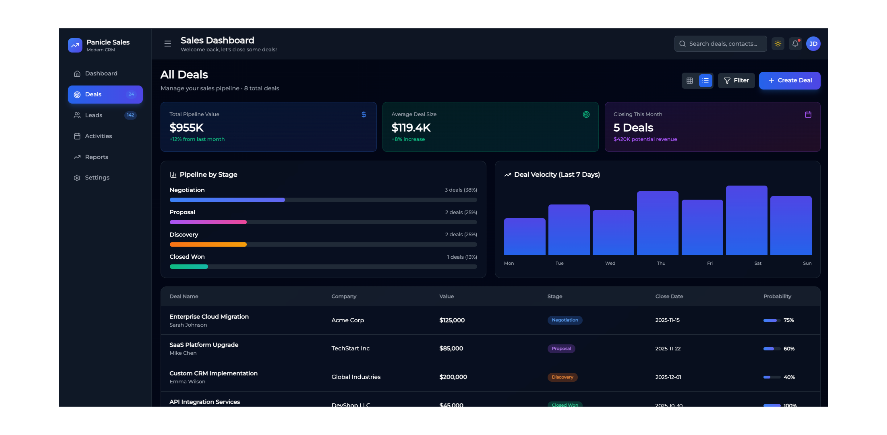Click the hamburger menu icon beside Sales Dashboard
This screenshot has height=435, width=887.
click(168, 44)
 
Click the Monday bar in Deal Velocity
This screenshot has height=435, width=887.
click(524, 237)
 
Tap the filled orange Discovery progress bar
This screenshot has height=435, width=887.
click(208, 244)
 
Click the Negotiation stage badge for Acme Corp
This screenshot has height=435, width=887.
click(565, 320)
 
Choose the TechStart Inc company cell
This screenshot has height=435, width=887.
click(350, 348)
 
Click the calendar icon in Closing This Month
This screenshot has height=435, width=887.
click(808, 115)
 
